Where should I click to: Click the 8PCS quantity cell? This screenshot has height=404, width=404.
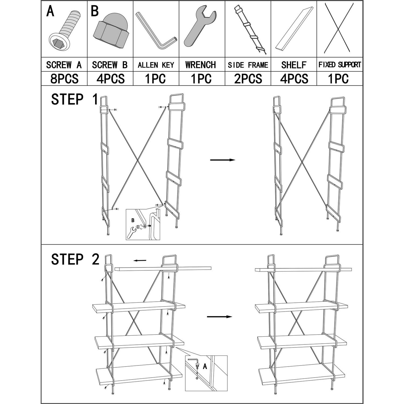click(64, 79)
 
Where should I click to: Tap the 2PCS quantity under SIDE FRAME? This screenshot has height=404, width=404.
click(248, 79)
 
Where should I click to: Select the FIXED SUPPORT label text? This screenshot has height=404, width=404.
click(340, 65)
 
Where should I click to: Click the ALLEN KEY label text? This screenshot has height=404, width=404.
click(156, 65)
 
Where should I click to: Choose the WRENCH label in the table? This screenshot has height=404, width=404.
click(200, 65)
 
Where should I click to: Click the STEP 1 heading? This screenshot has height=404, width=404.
click(75, 99)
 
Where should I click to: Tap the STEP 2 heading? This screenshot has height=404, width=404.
click(75, 259)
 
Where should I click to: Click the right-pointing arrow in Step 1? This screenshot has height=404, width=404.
click(223, 160)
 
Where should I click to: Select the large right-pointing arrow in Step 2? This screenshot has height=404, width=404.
click(220, 317)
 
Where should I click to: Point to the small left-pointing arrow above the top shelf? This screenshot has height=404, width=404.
click(140, 260)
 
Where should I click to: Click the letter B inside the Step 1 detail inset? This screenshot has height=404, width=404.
click(133, 220)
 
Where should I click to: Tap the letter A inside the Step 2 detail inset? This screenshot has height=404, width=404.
click(205, 366)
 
